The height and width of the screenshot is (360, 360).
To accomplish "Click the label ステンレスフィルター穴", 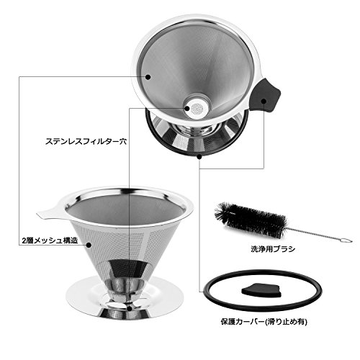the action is click(x=86, y=141).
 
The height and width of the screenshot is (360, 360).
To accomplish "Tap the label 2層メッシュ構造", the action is click(x=50, y=240).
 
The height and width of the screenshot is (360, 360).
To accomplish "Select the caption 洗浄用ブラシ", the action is click(x=273, y=249).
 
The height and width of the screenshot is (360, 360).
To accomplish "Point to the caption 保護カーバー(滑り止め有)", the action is click(x=264, y=322).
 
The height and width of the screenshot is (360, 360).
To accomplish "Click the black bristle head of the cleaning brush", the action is click(x=251, y=220).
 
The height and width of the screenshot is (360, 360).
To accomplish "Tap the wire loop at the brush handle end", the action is click(x=346, y=240).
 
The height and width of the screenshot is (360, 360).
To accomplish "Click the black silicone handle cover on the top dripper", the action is click(x=264, y=96).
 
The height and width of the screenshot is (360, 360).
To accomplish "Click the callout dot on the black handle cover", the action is click(x=264, y=101).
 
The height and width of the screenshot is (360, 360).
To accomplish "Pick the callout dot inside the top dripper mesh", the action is click(x=148, y=77).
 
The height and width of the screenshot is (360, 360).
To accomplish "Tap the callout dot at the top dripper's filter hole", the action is click(x=187, y=108).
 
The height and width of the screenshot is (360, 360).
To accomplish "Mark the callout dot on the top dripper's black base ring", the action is click(x=199, y=157).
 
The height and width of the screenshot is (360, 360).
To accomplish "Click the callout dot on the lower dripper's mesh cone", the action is click(x=89, y=245).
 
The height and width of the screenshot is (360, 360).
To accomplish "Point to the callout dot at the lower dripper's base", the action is click(x=130, y=309).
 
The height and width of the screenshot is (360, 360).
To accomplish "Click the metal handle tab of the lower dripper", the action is click(x=49, y=212).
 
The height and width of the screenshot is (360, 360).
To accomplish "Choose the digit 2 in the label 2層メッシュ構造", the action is click(x=24, y=241).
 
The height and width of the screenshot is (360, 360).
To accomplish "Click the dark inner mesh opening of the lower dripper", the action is click(x=125, y=210).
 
